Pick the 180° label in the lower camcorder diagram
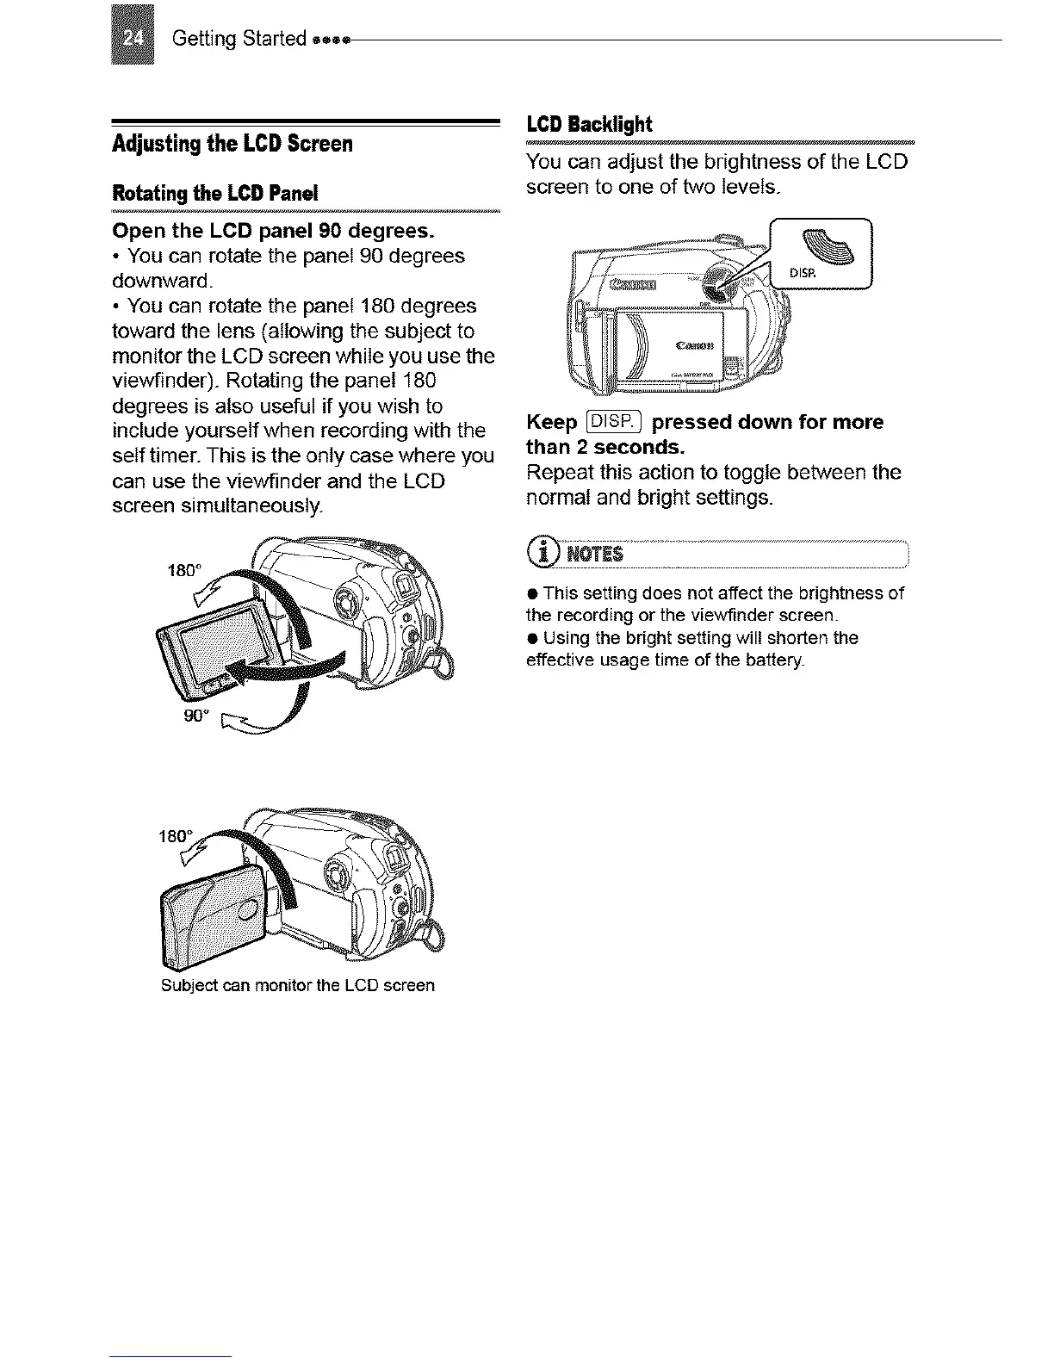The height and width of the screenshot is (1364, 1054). pyautogui.click(x=175, y=836)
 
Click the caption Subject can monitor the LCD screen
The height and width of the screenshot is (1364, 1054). pyautogui.click(x=298, y=985)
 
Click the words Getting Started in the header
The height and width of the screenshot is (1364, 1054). pyautogui.click(x=239, y=39)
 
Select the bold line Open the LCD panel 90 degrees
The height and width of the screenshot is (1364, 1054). pyautogui.click(x=274, y=232)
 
